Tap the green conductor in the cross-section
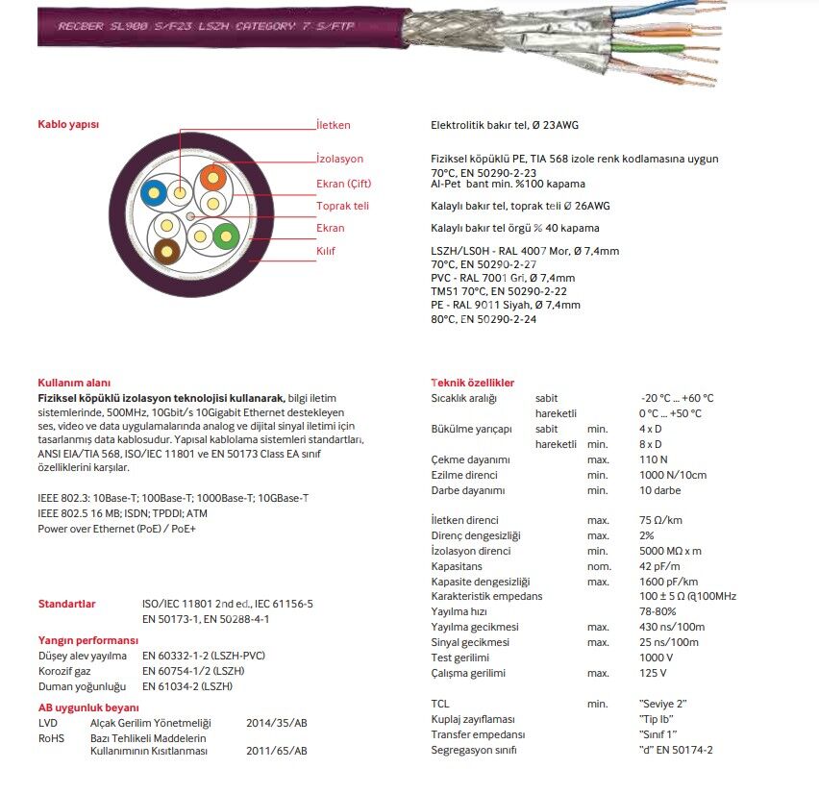tap(226, 235)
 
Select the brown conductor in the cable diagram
tap(166, 251)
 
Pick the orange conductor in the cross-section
tap(212, 179)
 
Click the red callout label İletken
tap(334, 125)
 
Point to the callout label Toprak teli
tap(342, 206)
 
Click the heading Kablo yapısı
tap(68, 125)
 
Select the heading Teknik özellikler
tap(473, 383)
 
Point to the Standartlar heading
tap(66, 604)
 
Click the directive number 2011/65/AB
tap(277, 751)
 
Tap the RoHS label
tap(51, 737)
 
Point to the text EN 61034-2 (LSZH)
tap(187, 686)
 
